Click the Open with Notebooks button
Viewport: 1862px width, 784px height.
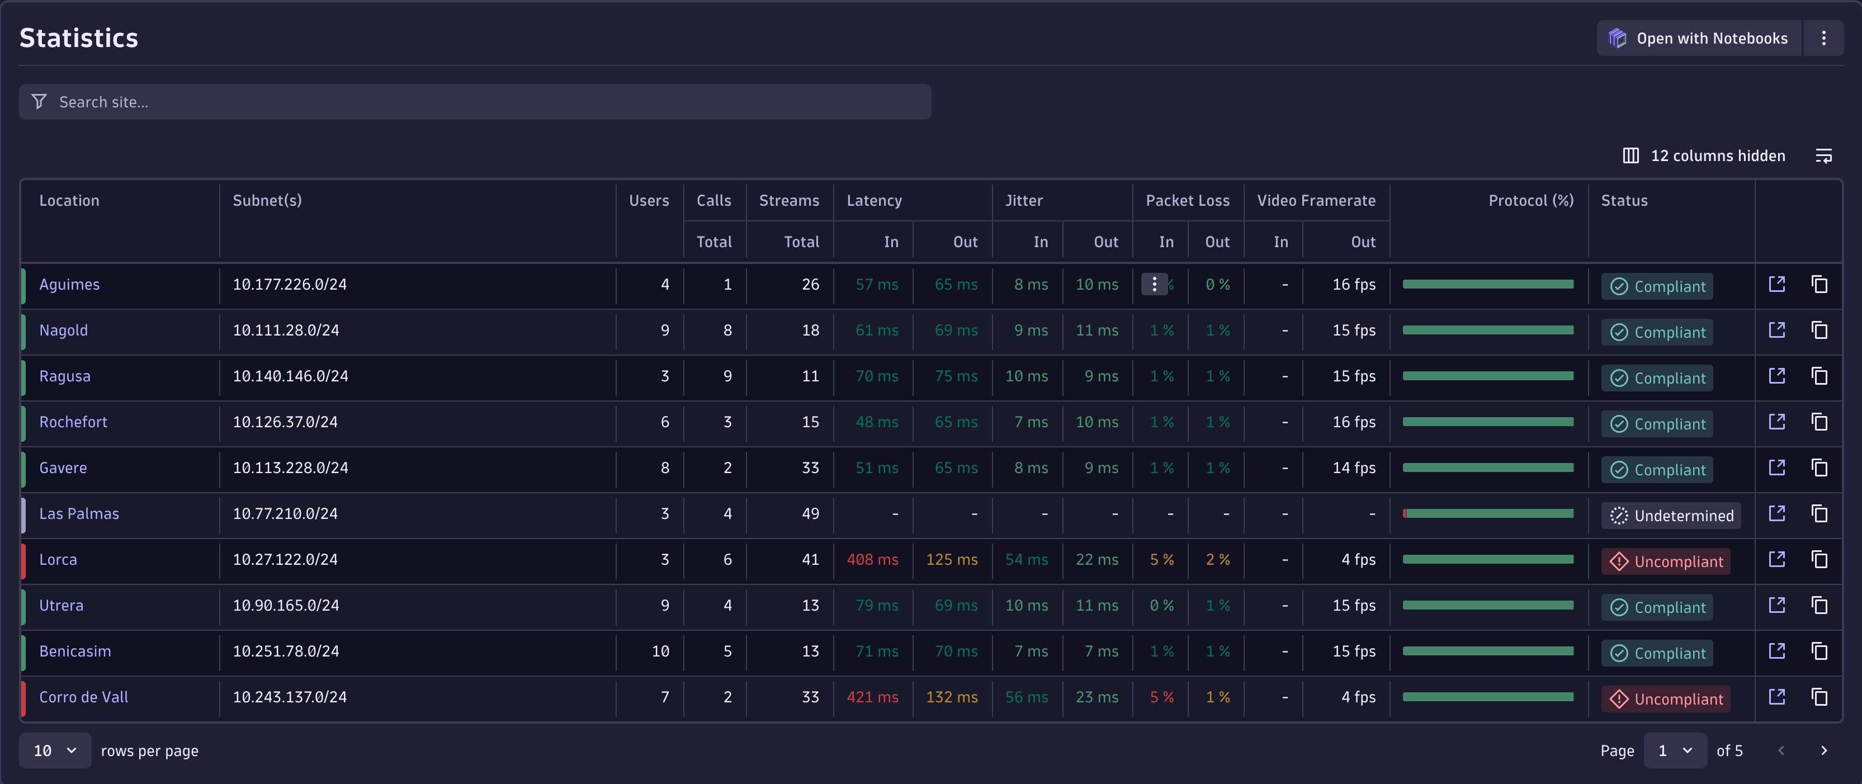(x=1698, y=38)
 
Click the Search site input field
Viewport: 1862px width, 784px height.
(x=474, y=102)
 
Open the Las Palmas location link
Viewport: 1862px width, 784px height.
(x=79, y=514)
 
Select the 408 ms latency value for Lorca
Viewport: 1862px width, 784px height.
(x=872, y=560)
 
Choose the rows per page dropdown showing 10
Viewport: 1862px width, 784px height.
(x=55, y=751)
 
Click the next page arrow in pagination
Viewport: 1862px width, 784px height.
(x=1823, y=751)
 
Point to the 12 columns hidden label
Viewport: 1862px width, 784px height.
(x=1717, y=156)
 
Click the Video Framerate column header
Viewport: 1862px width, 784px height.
(x=1316, y=201)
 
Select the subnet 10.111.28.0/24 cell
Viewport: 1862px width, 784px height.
(x=286, y=331)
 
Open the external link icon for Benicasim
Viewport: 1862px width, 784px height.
(x=1776, y=651)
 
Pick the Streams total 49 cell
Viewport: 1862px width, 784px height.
(x=810, y=514)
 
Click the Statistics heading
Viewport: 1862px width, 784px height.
(x=79, y=38)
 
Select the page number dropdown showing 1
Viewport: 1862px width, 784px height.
(x=1674, y=751)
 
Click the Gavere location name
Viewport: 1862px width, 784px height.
(x=63, y=468)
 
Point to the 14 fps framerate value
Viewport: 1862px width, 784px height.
(x=1353, y=468)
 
